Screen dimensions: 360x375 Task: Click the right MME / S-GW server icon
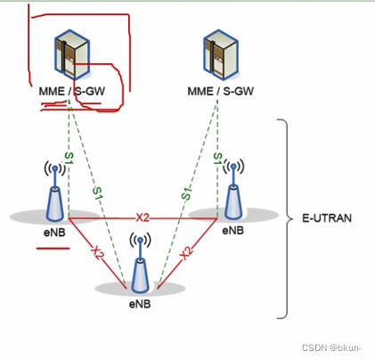point(219,55)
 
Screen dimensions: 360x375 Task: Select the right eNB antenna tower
point(233,189)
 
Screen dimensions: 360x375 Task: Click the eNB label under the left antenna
point(53,230)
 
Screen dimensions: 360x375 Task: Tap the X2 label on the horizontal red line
point(142,217)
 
